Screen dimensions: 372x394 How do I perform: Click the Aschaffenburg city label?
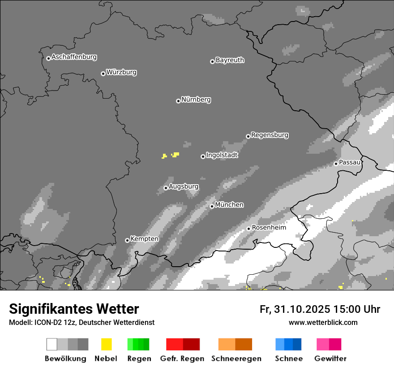tap(74, 57)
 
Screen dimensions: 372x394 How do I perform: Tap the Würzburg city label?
tap(121, 72)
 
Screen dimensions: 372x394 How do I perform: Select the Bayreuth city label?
tap(230, 60)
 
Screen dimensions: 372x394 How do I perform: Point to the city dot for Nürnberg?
tap(178, 101)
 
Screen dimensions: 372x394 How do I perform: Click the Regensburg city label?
tap(270, 135)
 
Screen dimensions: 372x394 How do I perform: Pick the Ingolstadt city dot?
tap(203, 156)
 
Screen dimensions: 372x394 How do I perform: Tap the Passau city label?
tap(350, 162)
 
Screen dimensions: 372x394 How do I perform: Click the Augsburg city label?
tap(184, 186)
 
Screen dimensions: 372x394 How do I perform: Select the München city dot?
tap(212, 206)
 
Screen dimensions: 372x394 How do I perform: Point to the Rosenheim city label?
tap(269, 228)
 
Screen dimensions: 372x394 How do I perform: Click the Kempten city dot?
tap(127, 240)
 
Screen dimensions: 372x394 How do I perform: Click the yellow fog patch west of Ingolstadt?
tap(176, 154)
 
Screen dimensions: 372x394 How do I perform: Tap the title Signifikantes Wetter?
tap(74, 309)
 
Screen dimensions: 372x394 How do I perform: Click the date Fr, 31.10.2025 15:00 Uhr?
tap(320, 309)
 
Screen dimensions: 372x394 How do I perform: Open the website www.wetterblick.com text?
tap(323, 322)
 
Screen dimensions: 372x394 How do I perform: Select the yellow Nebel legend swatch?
tap(106, 344)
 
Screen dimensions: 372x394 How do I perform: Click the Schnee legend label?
tap(288, 359)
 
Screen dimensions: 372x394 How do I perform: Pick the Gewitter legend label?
tap(330, 359)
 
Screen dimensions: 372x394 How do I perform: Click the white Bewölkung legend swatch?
tap(52, 344)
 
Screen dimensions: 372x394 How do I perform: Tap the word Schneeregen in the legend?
tap(236, 359)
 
